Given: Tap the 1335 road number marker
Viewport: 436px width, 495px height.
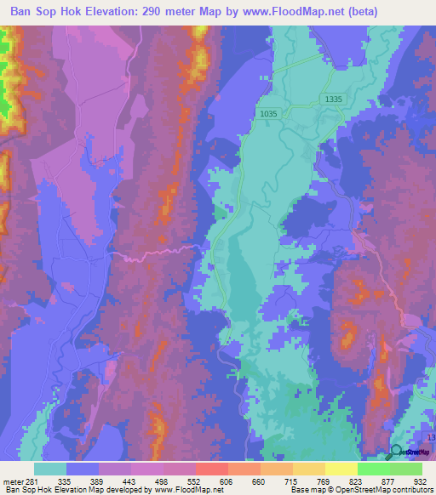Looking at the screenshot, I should [334, 100].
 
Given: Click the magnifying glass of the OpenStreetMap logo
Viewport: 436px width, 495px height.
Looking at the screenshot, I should [396, 452].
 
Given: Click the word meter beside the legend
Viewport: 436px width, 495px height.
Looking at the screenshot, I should [13, 481].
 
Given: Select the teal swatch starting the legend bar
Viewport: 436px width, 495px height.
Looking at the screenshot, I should [50, 469].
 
